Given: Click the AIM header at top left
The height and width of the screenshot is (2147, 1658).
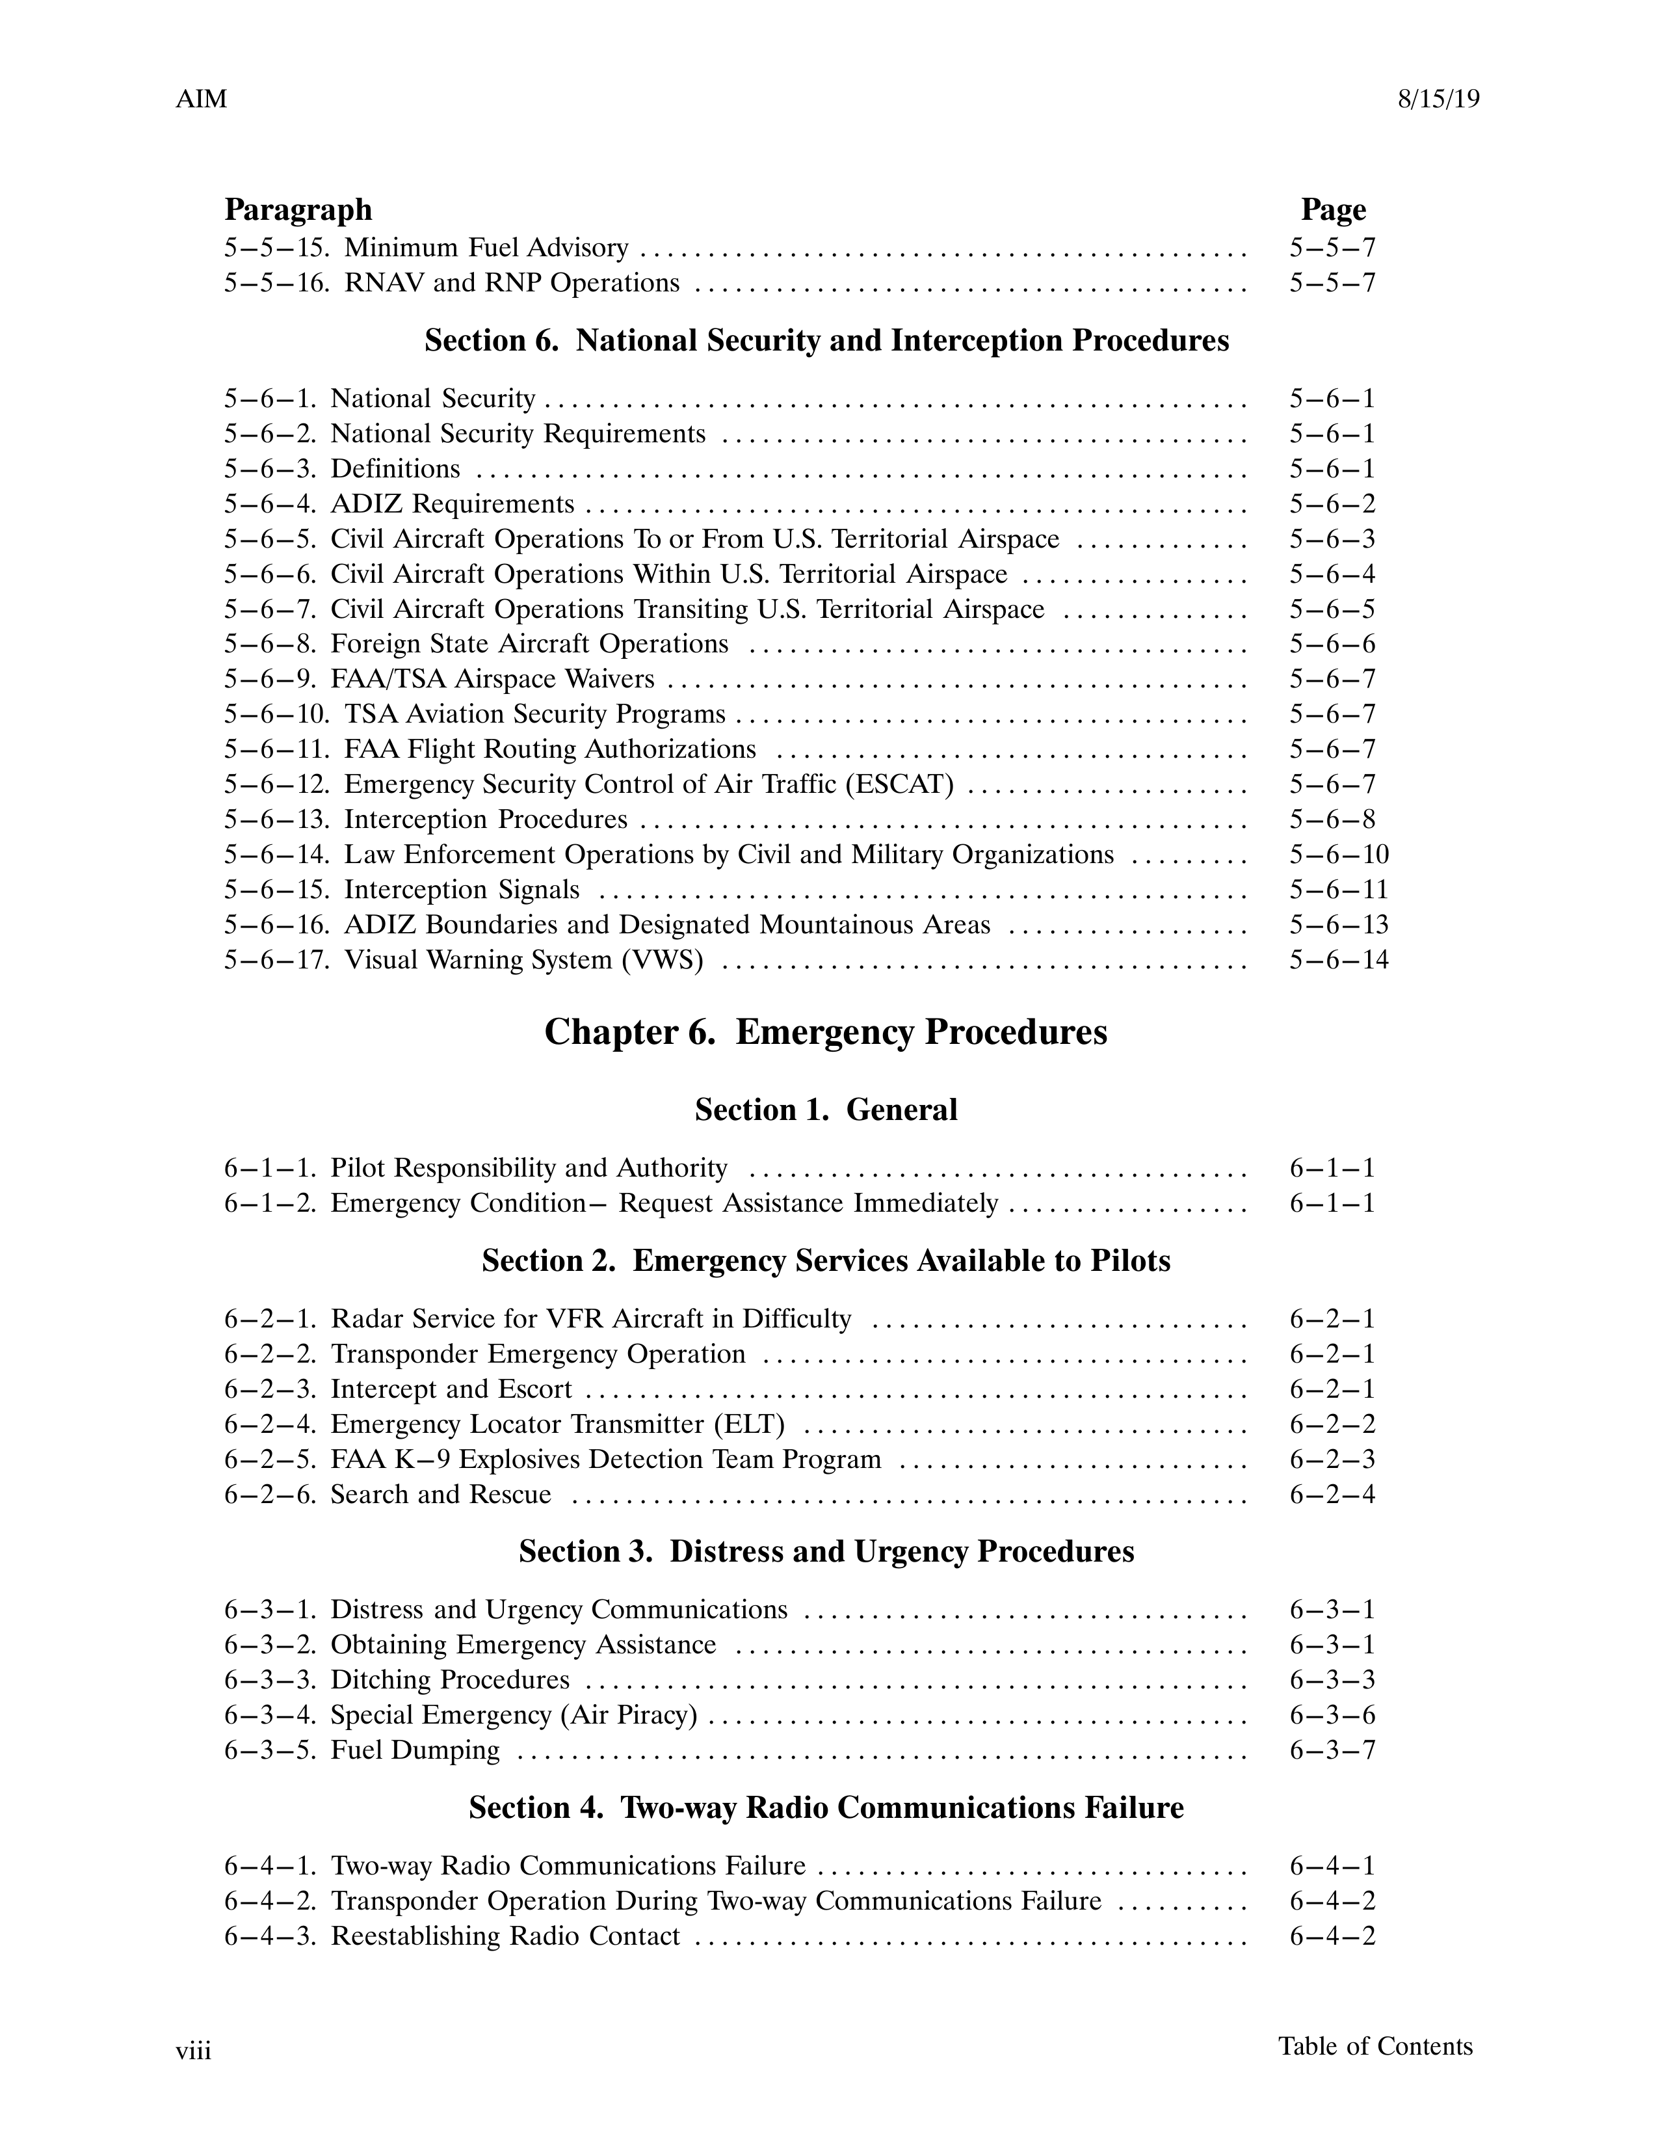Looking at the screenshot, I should click(x=202, y=100).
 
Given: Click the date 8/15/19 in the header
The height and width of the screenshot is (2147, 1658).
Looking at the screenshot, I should click(x=1438, y=100).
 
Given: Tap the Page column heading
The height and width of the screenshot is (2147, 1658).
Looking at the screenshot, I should click(x=1333, y=209).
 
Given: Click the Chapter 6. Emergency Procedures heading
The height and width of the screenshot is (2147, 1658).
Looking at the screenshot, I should click(x=826, y=1032).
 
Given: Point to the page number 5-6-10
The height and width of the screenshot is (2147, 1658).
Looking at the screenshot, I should click(x=1339, y=854).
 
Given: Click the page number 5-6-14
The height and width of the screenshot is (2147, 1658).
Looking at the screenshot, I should click(x=1339, y=959).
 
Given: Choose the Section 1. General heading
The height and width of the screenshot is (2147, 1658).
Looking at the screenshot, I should click(x=826, y=1110).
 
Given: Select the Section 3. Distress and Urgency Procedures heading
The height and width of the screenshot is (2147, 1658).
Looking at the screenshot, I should click(x=826, y=1551).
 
